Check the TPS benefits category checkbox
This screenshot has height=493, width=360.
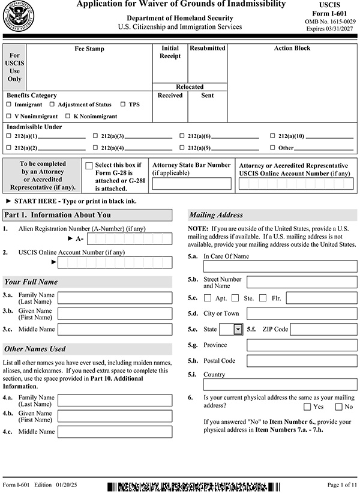pyautogui.click(x=123, y=104)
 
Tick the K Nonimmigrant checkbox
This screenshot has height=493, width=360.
pyautogui.click(x=68, y=116)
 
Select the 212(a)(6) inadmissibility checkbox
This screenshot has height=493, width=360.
pyautogui.click(x=182, y=136)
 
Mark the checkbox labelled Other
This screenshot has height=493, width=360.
pyautogui.click(x=272, y=148)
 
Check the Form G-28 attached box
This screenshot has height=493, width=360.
pyautogui.click(x=89, y=166)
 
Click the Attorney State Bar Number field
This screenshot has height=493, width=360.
pyautogui.click(x=191, y=183)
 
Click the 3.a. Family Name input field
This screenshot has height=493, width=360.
pyautogui.click(x=115, y=298)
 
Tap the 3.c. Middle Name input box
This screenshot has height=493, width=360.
pyautogui.click(x=115, y=329)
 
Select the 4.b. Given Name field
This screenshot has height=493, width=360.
pyautogui.click(x=115, y=416)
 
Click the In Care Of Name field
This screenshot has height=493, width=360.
pyautogui.click(x=280, y=267)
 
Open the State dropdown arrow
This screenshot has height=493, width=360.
pyautogui.click(x=238, y=329)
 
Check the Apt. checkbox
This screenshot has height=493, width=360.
pyautogui.click(x=208, y=298)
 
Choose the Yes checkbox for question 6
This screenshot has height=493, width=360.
pyautogui.click(x=307, y=407)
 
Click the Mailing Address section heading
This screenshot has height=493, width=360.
pyautogui.click(x=217, y=215)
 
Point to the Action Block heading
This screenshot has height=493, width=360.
pyautogui.click(x=292, y=49)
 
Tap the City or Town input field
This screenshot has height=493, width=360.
pyautogui.click(x=301, y=313)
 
